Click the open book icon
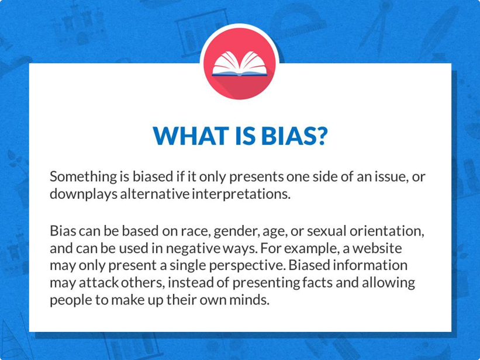click(x=239, y=64)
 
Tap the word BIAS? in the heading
click(x=294, y=136)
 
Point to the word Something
click(x=83, y=177)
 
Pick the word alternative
click(x=154, y=194)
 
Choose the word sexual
click(x=326, y=231)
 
